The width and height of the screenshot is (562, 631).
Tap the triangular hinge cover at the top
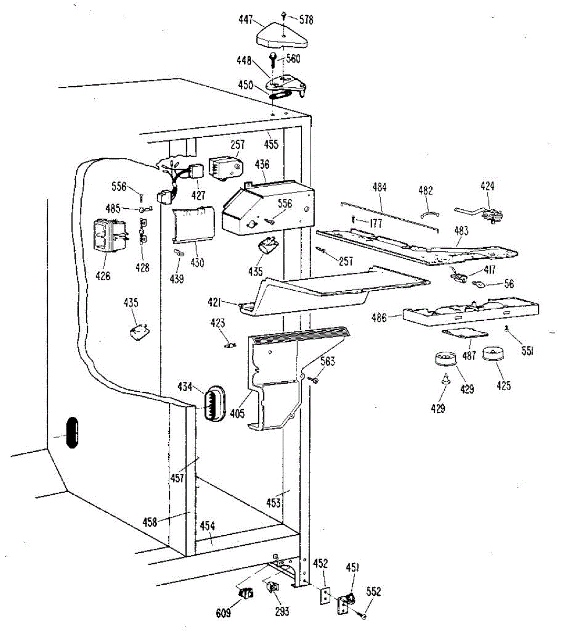click(282, 35)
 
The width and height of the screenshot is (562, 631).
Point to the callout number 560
click(293, 58)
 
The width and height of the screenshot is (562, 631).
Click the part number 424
click(487, 186)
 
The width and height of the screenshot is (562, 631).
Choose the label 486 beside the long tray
click(379, 318)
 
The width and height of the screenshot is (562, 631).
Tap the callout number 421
click(228, 302)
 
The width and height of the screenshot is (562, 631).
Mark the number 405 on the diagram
click(237, 414)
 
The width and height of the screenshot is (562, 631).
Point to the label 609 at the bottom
click(223, 614)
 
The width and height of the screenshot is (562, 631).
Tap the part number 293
click(282, 612)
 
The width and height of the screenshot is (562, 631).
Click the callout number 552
click(373, 592)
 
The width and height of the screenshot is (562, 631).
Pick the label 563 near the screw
click(327, 361)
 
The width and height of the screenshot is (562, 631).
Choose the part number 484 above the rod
click(379, 187)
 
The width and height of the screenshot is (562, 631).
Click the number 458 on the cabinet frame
click(150, 522)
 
